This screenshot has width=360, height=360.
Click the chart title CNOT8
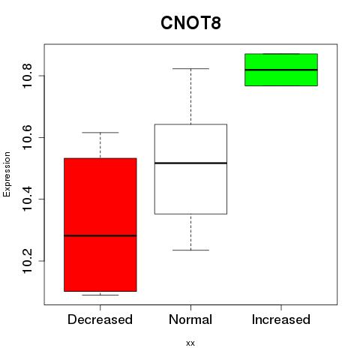(190, 22)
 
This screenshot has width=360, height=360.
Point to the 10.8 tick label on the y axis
(27, 76)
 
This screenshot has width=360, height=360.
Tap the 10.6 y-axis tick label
(27, 137)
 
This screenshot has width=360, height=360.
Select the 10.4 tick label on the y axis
(27, 199)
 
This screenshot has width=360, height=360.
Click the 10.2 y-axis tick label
(27, 261)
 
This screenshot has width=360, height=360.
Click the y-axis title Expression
(7, 175)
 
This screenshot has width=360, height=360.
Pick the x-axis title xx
(190, 343)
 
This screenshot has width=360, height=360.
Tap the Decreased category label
(100, 319)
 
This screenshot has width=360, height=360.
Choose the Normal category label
(190, 319)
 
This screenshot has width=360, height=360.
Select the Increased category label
(281, 319)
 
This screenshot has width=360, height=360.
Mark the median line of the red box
(100, 235)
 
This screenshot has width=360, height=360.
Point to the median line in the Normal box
(190, 163)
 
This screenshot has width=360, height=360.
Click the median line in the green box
(281, 70)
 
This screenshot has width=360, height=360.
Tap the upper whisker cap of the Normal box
(190, 68)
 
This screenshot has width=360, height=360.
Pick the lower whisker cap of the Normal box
(190, 250)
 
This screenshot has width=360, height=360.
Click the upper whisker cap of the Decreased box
(100, 133)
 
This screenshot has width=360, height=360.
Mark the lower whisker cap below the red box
(100, 295)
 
